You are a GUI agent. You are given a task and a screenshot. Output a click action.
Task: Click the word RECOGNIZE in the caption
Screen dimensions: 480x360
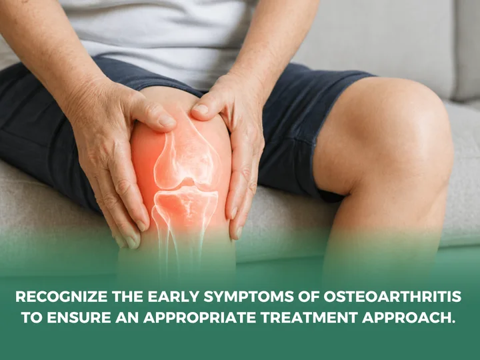coord(61,297)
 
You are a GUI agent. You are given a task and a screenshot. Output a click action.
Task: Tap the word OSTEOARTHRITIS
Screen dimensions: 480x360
coord(393,297)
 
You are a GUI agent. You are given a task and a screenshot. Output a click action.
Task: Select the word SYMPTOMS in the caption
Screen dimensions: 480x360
coord(249,297)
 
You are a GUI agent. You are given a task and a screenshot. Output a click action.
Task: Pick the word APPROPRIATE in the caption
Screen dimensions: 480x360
coord(199,318)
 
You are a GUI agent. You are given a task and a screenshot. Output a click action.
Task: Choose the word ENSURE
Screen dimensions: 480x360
coord(79,318)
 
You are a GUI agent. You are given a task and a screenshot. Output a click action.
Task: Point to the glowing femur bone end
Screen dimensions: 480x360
coord(187,159)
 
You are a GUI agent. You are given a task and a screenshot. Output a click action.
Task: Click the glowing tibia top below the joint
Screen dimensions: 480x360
coord(185,202)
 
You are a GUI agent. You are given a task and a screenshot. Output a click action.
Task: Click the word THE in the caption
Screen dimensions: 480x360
coord(127,297)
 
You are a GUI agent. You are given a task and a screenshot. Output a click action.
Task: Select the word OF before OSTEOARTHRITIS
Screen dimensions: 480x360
coord(309,297)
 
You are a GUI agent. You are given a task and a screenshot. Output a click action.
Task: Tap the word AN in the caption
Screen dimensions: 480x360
coord(127,318)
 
